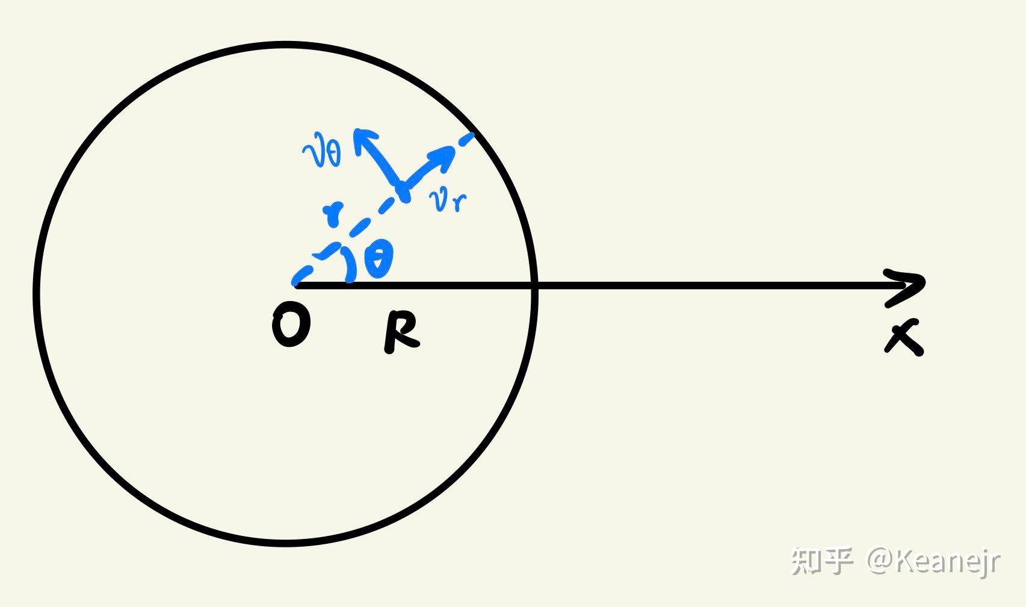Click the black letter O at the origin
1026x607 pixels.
point(291,325)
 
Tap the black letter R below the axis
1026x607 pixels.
point(401,331)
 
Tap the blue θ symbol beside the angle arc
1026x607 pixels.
point(379,258)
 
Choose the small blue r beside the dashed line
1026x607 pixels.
point(333,214)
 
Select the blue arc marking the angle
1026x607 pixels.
point(348,264)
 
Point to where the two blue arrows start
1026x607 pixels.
point(402,189)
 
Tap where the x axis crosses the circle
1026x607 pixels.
point(534,285)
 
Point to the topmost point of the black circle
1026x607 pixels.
point(285,45)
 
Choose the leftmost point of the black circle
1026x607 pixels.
point(37,294)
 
